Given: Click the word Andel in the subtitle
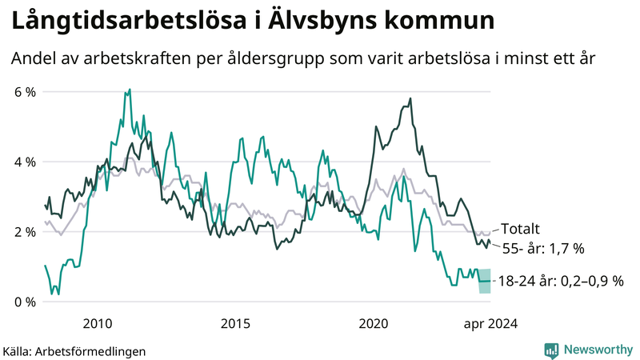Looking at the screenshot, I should (34, 59).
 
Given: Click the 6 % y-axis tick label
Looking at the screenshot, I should (25, 92).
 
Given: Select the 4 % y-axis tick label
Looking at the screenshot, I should (25, 162).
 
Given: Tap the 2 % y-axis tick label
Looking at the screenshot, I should (25, 232).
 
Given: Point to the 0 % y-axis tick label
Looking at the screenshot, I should (25, 302).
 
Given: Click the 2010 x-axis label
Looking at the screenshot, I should (97, 324).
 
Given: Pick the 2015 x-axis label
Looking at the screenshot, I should (235, 324).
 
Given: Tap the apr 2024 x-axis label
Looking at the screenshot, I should (490, 324).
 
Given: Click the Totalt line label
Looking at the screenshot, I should (521, 228).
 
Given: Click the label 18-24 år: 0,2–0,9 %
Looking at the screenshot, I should (559, 281).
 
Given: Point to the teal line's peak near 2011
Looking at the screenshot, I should (128, 91).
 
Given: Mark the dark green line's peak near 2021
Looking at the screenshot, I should (410, 99).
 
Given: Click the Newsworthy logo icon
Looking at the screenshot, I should (551, 350).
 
